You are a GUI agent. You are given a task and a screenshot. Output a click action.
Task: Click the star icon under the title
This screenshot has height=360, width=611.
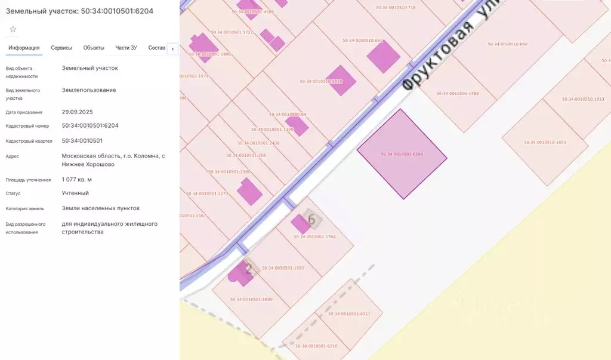(x=13, y=29)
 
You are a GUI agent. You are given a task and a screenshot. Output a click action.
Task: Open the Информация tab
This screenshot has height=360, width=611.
(x=24, y=48)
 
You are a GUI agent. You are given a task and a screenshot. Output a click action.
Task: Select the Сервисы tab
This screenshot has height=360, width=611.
(x=61, y=48)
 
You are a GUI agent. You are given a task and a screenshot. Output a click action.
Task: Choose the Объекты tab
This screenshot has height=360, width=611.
(x=94, y=48)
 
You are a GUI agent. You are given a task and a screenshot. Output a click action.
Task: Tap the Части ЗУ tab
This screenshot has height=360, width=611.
(x=126, y=48)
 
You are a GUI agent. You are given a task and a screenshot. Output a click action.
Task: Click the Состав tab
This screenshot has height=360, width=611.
(x=156, y=48)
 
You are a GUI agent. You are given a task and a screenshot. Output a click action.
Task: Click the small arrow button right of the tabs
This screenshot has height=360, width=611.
(x=173, y=48)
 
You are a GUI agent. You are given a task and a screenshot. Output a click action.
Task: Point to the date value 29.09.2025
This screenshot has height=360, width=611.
(x=77, y=112)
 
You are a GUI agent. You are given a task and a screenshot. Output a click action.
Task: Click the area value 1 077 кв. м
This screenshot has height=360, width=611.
(x=76, y=179)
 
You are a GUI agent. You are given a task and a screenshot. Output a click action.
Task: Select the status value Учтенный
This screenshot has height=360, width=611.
(x=75, y=193)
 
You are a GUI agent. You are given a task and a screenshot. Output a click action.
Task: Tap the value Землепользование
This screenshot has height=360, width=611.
(x=89, y=90)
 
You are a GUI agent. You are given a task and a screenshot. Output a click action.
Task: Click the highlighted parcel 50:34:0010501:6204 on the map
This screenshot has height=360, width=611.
(x=402, y=154)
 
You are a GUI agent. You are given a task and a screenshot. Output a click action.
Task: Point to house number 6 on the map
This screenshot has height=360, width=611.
(x=311, y=219)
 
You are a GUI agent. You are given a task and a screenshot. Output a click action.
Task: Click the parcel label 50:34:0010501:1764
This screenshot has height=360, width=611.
(x=315, y=237)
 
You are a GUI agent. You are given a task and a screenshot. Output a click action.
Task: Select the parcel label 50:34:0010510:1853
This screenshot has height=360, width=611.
(x=545, y=142)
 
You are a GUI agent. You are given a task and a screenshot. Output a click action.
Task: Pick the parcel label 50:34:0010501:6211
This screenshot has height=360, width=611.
(x=349, y=314)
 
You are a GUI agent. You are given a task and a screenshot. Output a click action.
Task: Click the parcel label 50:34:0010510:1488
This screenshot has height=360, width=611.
(x=458, y=94)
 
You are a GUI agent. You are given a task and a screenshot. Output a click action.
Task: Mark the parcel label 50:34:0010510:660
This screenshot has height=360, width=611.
(x=507, y=44)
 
